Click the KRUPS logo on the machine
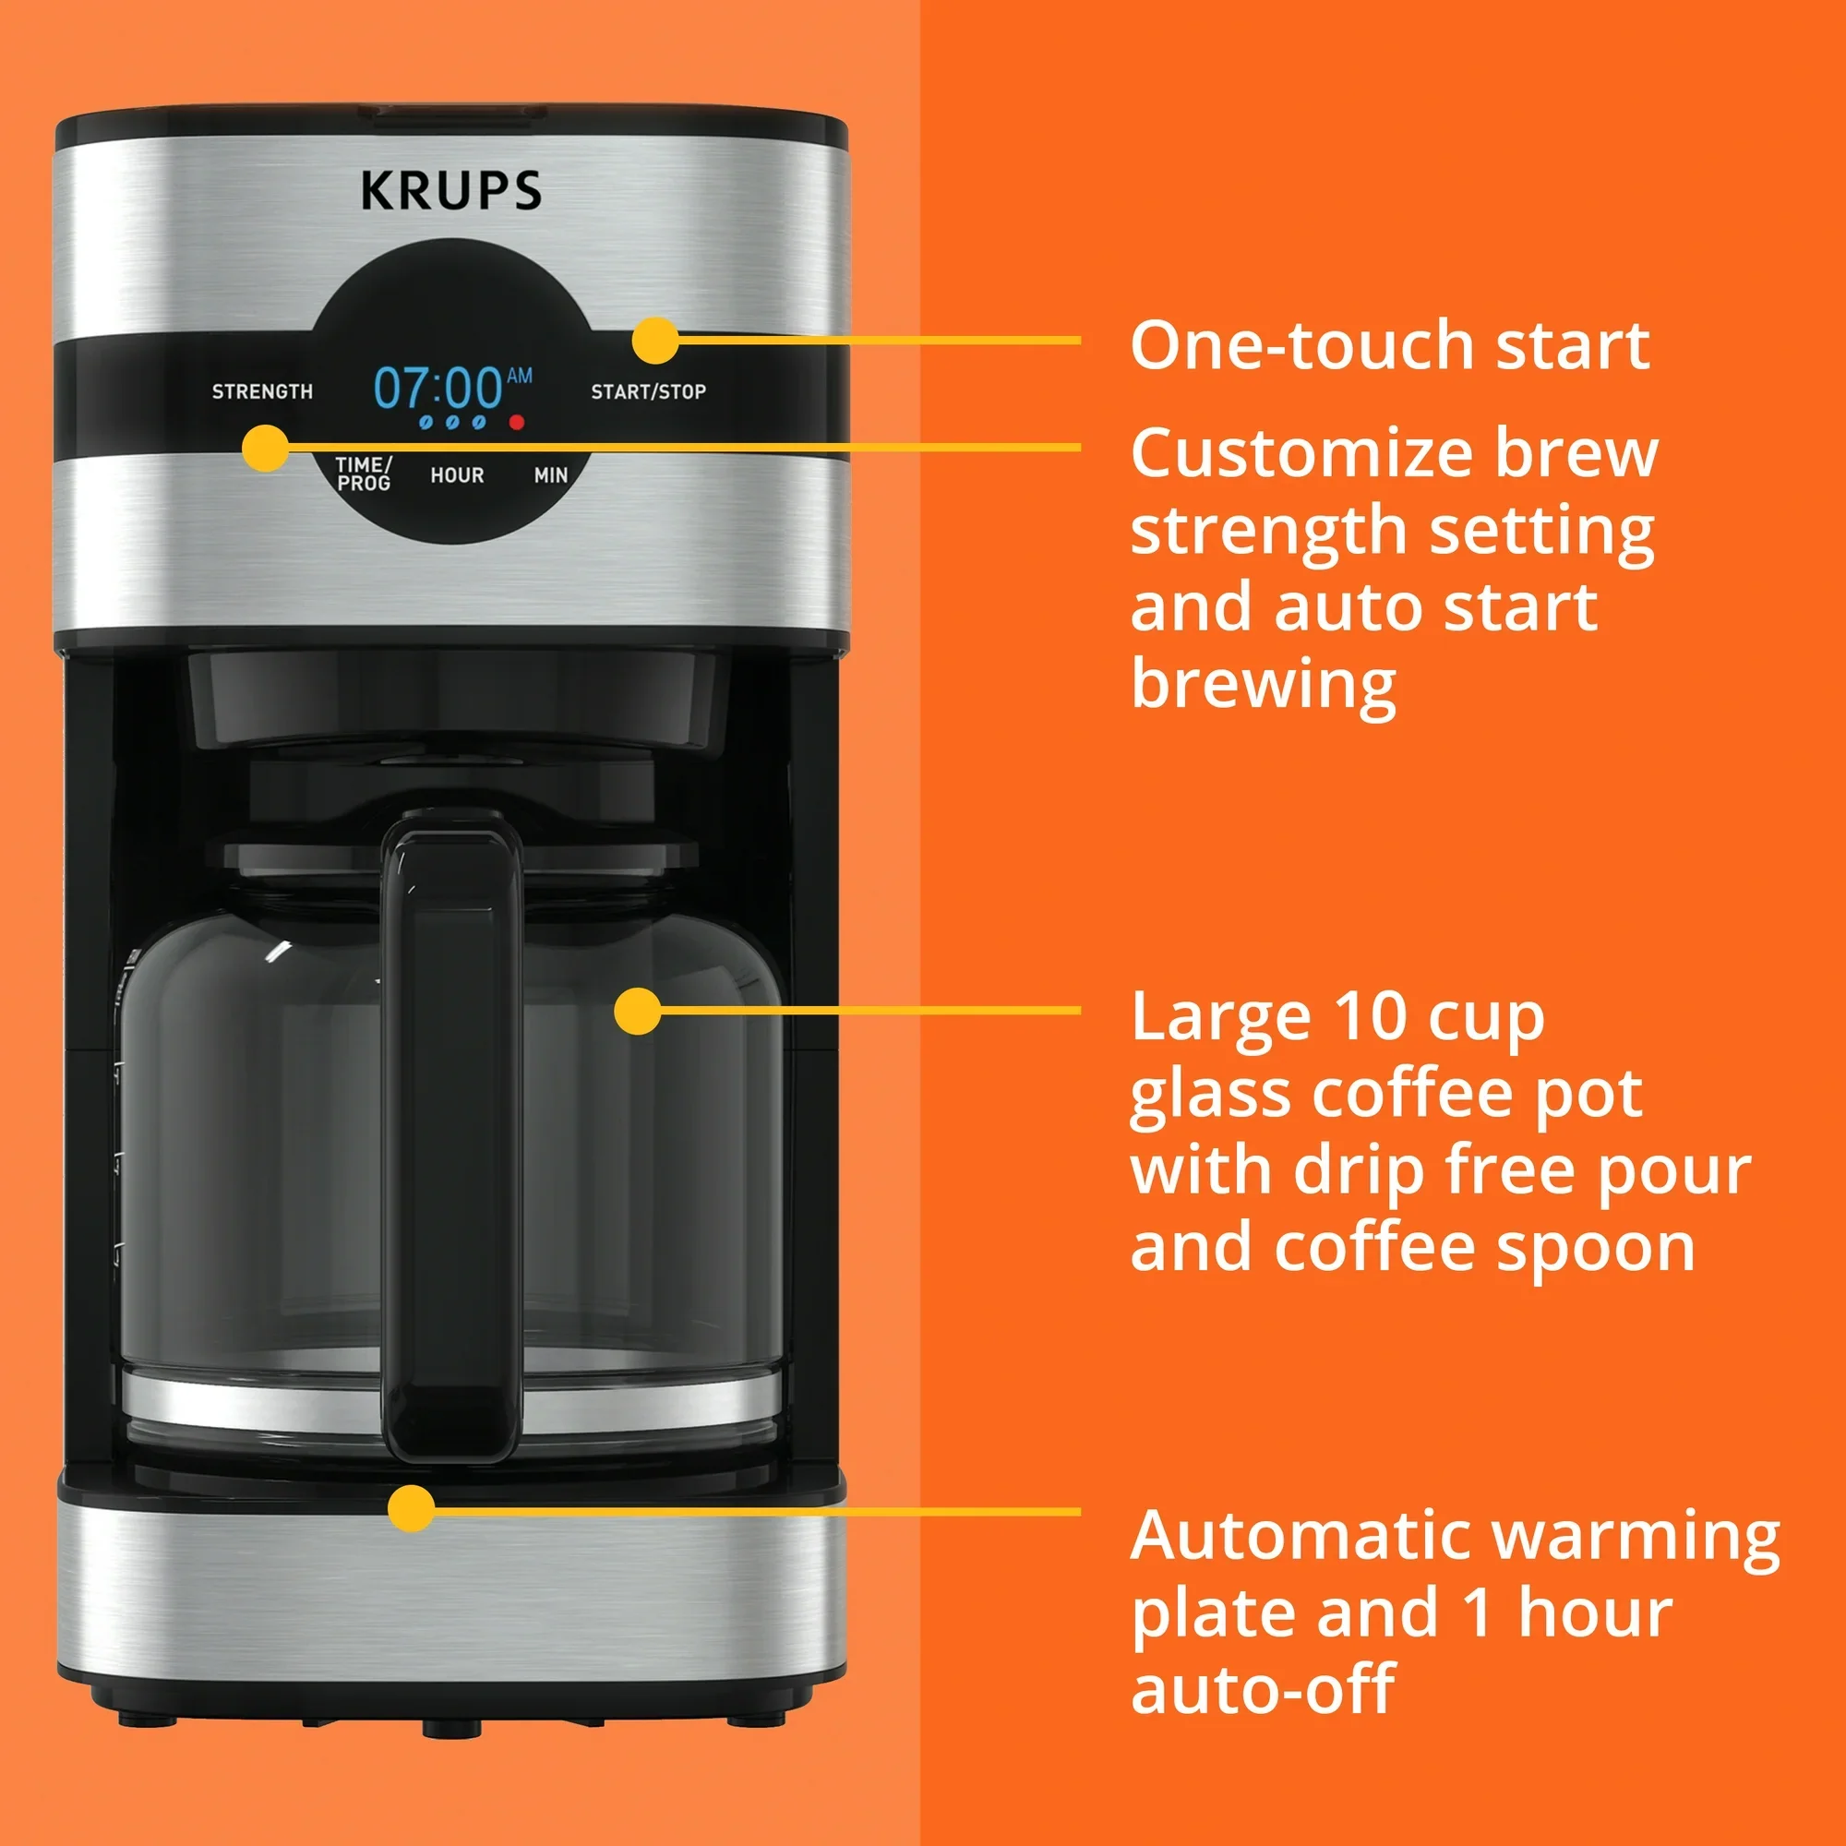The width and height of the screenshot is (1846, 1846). [451, 190]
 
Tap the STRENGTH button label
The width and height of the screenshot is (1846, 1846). [263, 391]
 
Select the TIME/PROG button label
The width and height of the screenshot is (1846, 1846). [363, 473]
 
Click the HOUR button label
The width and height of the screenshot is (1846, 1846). [457, 474]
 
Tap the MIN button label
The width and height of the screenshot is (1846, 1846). [551, 474]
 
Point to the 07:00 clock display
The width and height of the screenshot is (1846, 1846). [438, 388]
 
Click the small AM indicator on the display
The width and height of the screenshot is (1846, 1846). [520, 376]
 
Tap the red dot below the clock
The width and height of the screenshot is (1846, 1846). [517, 422]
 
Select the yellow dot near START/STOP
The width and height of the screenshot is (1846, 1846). [655, 341]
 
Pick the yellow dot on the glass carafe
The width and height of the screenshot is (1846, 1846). [637, 1011]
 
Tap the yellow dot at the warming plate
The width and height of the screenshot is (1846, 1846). [412, 1510]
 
